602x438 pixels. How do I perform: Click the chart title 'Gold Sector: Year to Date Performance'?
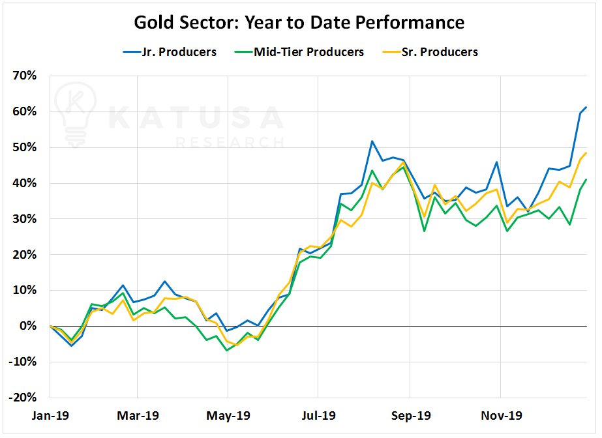(299, 22)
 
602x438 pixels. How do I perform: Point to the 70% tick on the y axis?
(24, 76)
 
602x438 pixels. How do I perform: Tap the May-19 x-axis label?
(228, 415)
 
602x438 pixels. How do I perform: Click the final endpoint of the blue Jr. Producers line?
(586, 107)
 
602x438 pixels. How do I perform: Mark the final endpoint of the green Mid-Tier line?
(586, 179)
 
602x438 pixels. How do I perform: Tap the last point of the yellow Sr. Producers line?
(586, 153)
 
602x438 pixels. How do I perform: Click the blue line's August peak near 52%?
(372, 141)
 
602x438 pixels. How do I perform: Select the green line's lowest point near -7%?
(227, 351)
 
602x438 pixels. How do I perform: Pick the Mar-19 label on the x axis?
(138, 415)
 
